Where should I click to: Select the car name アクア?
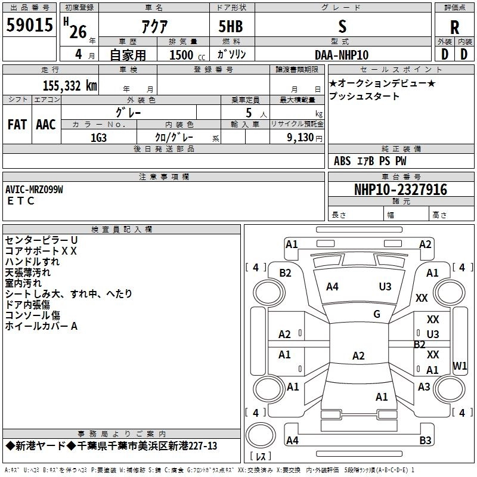click(x=154, y=27)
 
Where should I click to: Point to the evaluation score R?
click(x=454, y=27)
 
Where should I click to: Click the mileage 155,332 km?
click(x=70, y=85)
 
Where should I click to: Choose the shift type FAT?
click(x=17, y=125)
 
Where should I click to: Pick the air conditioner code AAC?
click(x=46, y=125)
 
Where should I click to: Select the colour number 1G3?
click(x=98, y=137)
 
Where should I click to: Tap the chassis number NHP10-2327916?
click(x=400, y=190)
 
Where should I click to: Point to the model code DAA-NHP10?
click(x=342, y=55)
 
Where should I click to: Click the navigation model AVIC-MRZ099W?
click(x=34, y=189)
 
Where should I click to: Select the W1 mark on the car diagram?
click(x=460, y=366)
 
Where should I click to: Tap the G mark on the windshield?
click(x=377, y=314)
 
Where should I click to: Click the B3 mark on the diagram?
click(x=425, y=441)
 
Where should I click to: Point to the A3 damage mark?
click(x=424, y=387)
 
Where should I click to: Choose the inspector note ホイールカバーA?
click(x=41, y=326)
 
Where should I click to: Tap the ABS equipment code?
click(x=342, y=160)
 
